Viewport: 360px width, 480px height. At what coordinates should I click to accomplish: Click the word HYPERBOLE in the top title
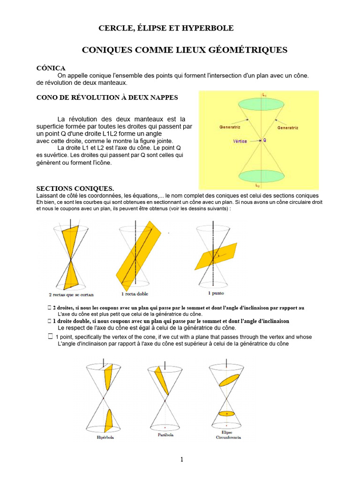[x=210, y=29]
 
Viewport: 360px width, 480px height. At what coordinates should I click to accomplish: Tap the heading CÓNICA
[x=51, y=68]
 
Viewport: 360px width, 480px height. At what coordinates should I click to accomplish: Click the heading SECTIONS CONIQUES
[x=75, y=188]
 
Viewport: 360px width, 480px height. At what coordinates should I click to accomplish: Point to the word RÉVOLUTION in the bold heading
[x=96, y=97]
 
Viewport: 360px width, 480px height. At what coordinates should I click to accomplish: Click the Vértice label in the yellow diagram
[x=240, y=141]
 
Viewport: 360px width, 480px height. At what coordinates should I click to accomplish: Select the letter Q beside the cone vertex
[x=265, y=140]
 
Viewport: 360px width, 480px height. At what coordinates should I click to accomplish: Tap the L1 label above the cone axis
[x=264, y=95]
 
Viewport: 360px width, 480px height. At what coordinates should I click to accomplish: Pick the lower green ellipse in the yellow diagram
[x=259, y=177]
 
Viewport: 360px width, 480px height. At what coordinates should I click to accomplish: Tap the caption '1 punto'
[x=216, y=293]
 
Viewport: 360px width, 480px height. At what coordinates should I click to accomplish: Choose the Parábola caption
[x=165, y=435]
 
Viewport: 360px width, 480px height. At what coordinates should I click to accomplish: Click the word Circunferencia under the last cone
[x=228, y=437]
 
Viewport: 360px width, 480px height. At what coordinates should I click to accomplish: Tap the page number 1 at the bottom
[x=182, y=460]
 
